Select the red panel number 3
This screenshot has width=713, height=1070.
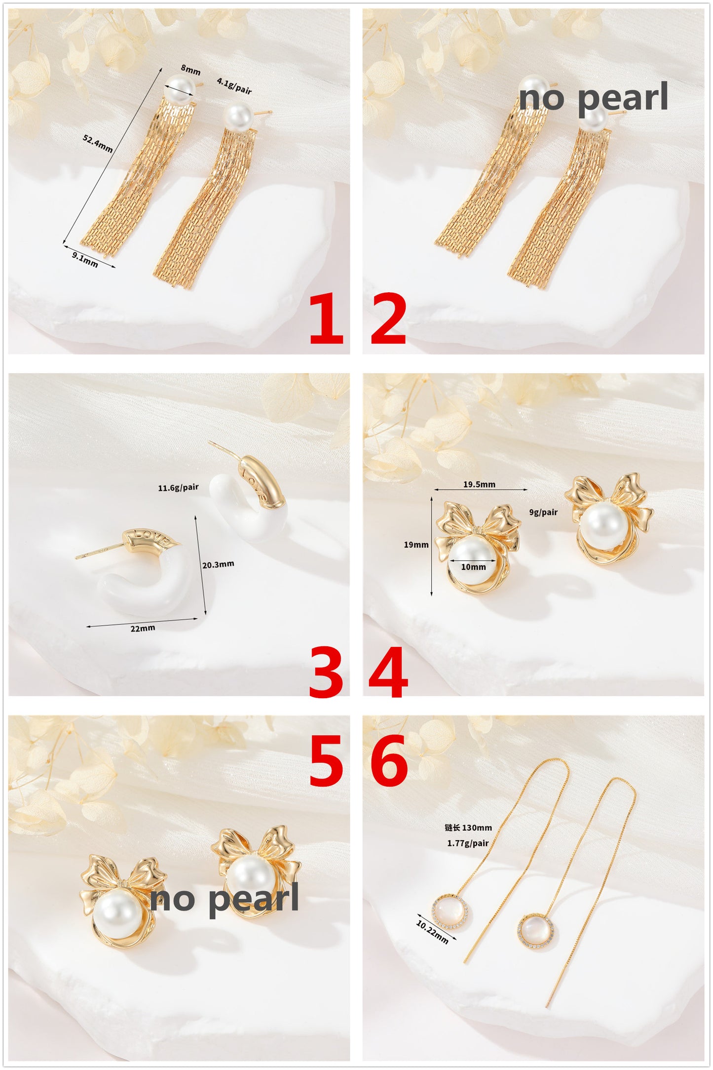point(326,673)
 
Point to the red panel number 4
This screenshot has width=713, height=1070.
point(389,673)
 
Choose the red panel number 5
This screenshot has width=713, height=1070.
point(326,760)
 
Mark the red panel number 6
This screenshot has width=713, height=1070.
point(389,760)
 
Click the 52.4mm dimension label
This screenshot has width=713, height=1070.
point(97,143)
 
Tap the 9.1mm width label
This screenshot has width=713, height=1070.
point(85,259)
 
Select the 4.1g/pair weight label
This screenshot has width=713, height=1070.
point(234,86)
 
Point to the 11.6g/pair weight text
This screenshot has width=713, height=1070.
point(178,487)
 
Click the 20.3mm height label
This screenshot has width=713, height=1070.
point(218,564)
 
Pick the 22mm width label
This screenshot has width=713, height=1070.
point(143,628)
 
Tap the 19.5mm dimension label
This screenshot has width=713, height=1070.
point(479,484)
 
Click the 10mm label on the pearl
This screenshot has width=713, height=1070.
point(473,567)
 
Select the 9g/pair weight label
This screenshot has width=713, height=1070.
point(543,512)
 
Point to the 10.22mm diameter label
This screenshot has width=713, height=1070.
point(432,932)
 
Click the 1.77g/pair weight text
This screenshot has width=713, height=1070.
point(468,843)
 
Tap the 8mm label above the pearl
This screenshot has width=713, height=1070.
point(190,70)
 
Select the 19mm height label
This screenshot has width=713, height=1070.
point(416,545)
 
